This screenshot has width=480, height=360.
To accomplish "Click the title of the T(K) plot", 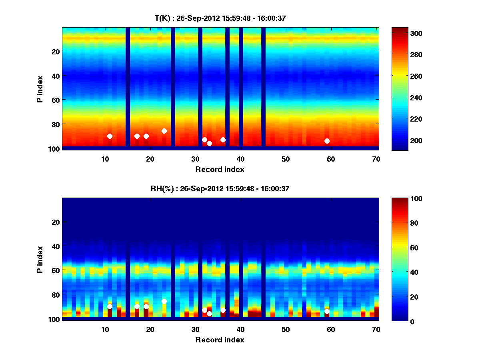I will tap(220, 18).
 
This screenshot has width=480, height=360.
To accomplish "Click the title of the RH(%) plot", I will tap(220, 189).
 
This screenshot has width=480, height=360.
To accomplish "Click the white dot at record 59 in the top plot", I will tap(327, 141).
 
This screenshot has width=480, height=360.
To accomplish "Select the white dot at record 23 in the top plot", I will tap(164, 131).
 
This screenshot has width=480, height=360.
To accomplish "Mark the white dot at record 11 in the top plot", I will tap(110, 136).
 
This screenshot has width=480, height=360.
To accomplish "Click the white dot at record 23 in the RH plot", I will tap(164, 301).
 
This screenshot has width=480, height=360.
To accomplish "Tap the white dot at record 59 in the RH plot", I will tap(327, 311).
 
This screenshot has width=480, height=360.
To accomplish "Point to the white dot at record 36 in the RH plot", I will tap(223, 310).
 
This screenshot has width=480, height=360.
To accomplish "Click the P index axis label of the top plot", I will tap(40, 88).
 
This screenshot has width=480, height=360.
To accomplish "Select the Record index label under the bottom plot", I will tap(220, 340).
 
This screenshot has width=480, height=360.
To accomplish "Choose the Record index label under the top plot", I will tap(220, 170).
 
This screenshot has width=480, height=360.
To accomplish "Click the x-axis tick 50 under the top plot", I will tap(286, 159).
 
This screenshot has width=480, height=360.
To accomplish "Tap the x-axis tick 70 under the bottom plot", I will tap(376, 329).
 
